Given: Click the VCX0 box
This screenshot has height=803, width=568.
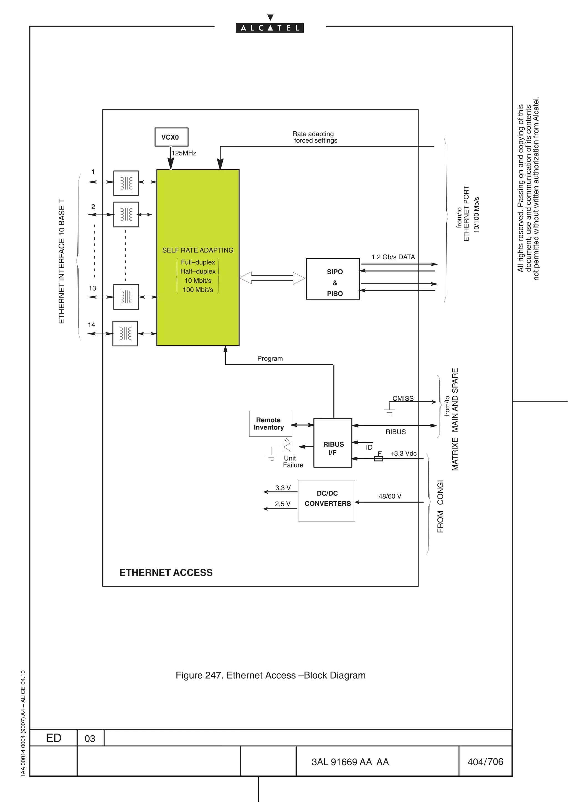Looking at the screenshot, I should [x=171, y=137].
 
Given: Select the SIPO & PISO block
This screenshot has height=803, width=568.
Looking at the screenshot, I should [x=333, y=279].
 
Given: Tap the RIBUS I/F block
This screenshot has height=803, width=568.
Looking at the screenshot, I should [x=333, y=443].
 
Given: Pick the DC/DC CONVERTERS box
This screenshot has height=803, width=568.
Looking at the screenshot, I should [x=326, y=500].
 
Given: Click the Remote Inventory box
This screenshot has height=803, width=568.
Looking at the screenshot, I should [x=270, y=424].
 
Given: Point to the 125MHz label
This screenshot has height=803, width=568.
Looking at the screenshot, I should [x=184, y=153].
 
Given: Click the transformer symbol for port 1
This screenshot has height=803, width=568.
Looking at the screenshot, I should [x=126, y=183].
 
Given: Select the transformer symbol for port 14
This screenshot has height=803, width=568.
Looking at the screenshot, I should [x=125, y=334].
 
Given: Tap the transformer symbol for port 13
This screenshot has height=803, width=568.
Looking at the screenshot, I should [x=126, y=297].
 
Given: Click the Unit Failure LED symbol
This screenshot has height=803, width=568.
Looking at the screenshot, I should [x=287, y=447].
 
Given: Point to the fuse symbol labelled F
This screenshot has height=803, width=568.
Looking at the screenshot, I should [x=378, y=459].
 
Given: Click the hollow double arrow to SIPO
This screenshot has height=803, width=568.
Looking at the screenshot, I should [x=272, y=278].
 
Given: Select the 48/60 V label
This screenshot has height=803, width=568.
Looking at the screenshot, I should [x=389, y=496].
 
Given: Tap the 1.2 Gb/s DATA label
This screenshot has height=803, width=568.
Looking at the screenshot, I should [x=393, y=257].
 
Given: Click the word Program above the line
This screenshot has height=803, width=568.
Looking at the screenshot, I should [x=270, y=359].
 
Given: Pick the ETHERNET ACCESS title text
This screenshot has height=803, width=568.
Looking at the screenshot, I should [x=166, y=572].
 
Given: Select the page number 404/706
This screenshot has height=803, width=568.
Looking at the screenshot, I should [x=485, y=762].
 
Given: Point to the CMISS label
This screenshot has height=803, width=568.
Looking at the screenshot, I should [x=402, y=398].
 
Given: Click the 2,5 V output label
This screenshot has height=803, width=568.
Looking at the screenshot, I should [x=282, y=504].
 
